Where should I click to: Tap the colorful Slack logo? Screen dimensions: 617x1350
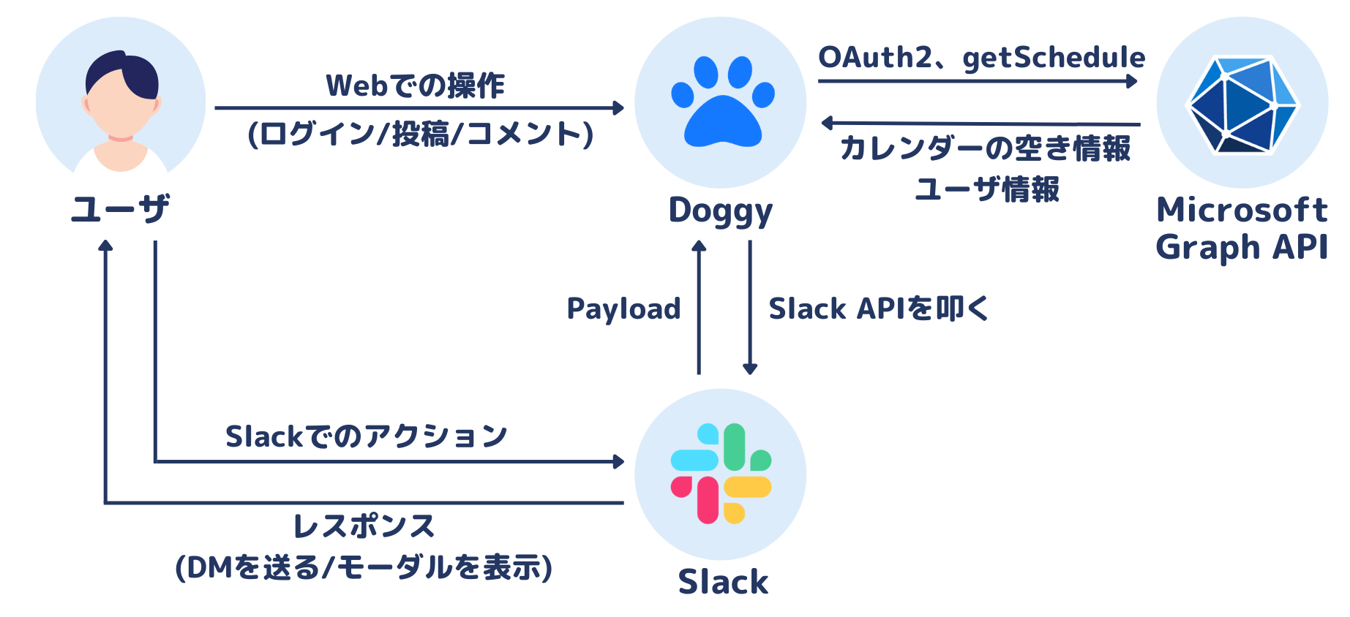pyautogui.click(x=721, y=474)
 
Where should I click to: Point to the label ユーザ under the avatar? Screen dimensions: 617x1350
pyautogui.click(x=120, y=209)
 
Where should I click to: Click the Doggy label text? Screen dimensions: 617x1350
pyautogui.click(x=720, y=211)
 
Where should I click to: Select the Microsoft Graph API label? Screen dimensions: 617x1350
pyautogui.click(x=1241, y=228)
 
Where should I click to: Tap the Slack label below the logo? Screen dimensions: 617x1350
pyautogui.click(x=723, y=582)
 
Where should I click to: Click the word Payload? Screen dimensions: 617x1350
pyautogui.click(x=623, y=308)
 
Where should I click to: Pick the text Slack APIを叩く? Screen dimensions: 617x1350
pyautogui.click(x=878, y=308)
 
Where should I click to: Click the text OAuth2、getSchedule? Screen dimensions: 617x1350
pyautogui.click(x=980, y=58)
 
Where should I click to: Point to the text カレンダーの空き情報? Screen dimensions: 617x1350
pyautogui.click(x=985, y=148)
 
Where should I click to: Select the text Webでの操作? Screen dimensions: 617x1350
pyautogui.click(x=415, y=86)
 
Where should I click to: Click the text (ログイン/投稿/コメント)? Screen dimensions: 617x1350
pyautogui.click(x=421, y=135)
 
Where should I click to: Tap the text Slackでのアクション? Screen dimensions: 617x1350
pyautogui.click(x=366, y=436)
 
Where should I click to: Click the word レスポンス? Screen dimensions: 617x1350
pyautogui.click(x=364, y=526)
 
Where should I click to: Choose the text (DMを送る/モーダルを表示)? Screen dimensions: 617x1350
pyautogui.click(x=364, y=568)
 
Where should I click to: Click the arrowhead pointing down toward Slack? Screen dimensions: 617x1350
pyautogui.click(x=749, y=368)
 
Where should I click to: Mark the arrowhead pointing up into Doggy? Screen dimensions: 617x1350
pyautogui.click(x=699, y=246)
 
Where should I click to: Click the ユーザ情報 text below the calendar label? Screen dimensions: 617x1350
pyautogui.click(x=986, y=190)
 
